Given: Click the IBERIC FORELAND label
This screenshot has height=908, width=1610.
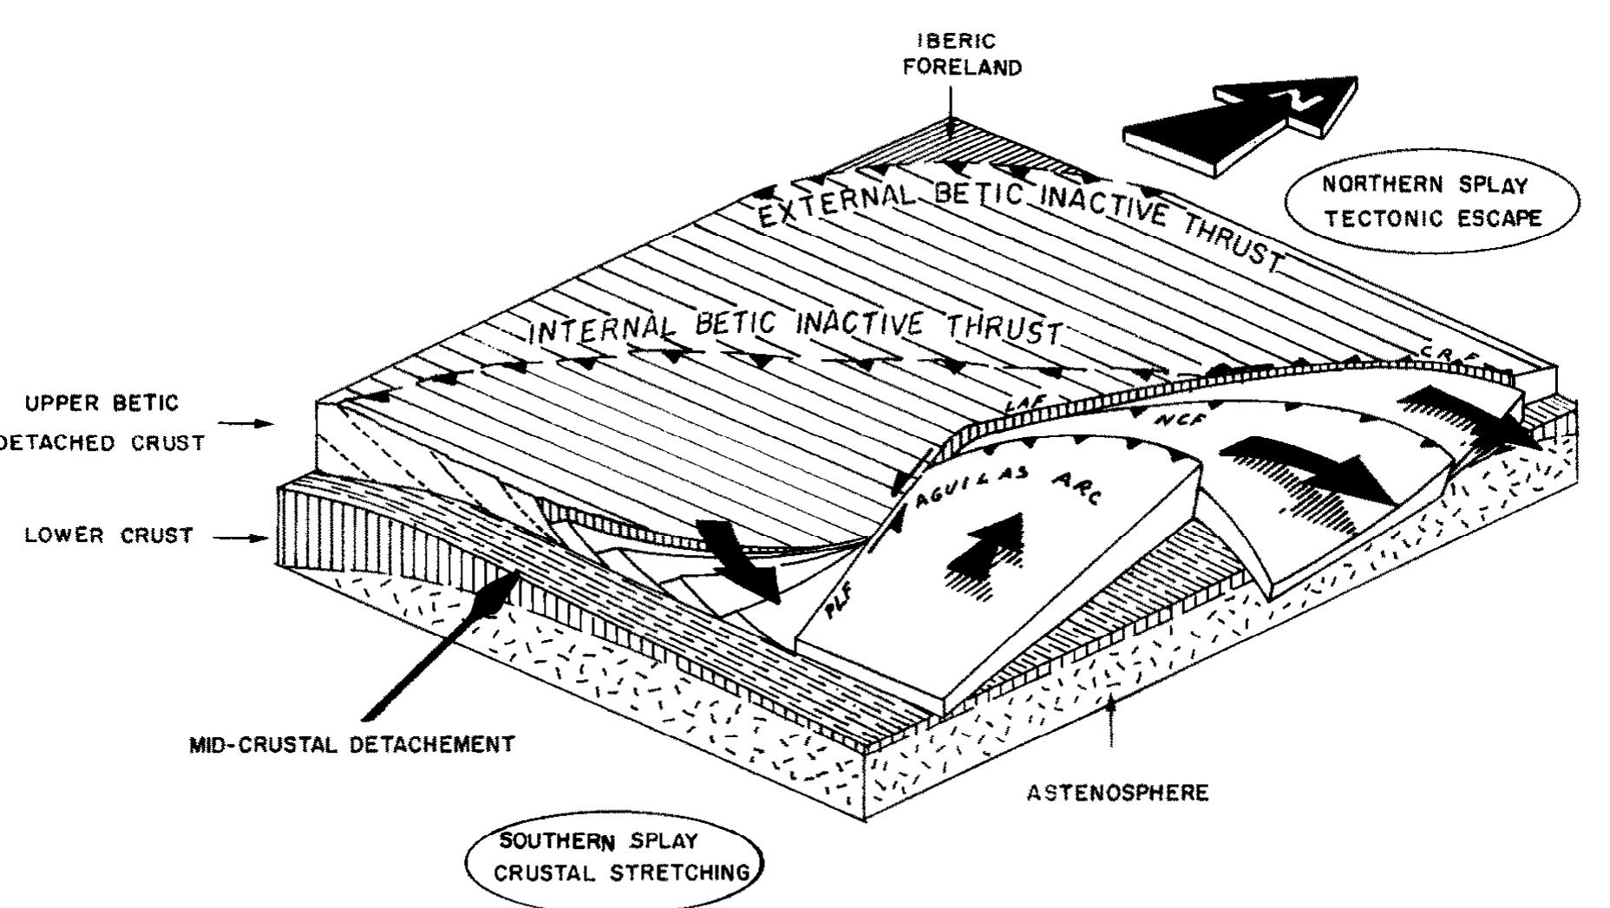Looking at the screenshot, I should click(x=961, y=55).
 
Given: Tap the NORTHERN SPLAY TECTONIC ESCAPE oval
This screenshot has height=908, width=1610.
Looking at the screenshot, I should click(x=1431, y=201).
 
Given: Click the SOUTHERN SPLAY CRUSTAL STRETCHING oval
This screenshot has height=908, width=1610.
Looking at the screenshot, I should click(x=617, y=858).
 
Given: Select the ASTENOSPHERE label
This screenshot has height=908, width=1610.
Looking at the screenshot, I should click(x=1117, y=794).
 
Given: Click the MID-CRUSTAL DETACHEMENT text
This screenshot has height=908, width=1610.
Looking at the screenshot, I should click(x=351, y=744).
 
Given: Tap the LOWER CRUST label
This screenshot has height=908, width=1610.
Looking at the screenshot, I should click(x=109, y=536).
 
